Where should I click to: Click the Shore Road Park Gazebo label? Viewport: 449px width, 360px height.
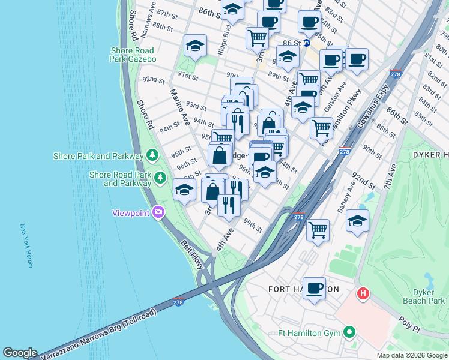click(x=133, y=55)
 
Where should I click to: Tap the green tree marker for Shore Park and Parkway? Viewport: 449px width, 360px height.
click(x=152, y=155)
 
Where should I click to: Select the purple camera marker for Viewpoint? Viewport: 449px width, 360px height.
click(x=158, y=212)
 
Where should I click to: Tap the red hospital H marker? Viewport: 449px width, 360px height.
click(x=363, y=294)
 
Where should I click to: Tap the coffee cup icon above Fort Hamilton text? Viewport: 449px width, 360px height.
click(x=314, y=288)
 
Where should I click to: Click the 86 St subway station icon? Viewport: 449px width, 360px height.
click(x=306, y=43)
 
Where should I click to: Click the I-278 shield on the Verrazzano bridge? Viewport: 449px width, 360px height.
click(x=178, y=301)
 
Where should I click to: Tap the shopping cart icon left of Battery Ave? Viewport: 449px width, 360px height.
click(x=318, y=229)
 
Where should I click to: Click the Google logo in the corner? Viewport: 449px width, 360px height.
click(x=19, y=353)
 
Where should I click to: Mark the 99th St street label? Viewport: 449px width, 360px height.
click(x=253, y=226)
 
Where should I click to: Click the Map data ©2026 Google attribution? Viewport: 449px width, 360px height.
click(x=411, y=355)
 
